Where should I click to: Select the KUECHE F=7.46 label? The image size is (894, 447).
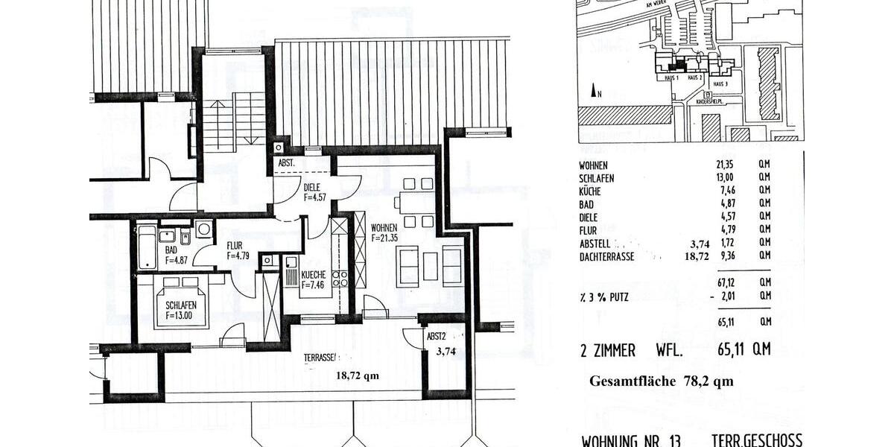point(313,279)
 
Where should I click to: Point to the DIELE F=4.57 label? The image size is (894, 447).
point(316,193)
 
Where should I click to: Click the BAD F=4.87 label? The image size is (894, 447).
point(177,256)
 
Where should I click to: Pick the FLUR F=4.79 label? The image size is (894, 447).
point(239,250)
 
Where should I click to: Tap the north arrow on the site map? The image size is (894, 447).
point(595,92)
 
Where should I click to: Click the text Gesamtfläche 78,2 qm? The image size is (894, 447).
point(661,381)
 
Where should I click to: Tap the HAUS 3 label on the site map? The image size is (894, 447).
point(720,84)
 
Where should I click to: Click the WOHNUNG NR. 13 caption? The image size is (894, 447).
point(630,439)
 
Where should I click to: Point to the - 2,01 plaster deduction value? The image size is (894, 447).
point(721,296)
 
